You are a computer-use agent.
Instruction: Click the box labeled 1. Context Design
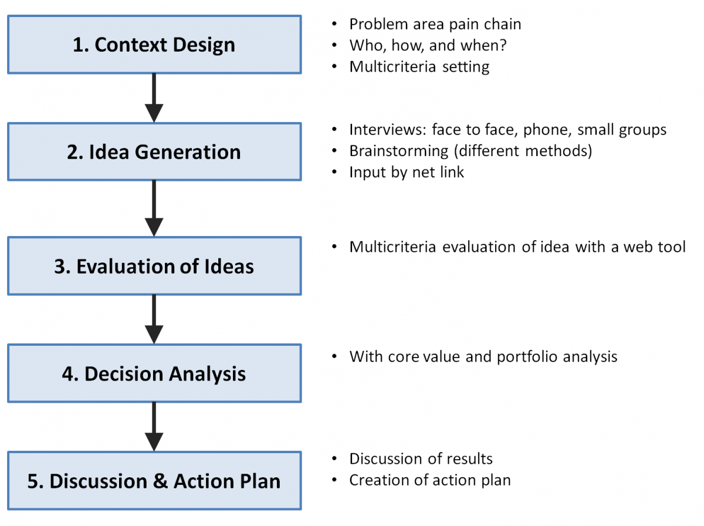click(154, 44)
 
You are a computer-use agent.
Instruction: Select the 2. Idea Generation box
click(154, 151)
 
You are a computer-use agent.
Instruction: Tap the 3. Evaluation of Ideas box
click(154, 266)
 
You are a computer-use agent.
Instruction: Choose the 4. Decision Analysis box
click(154, 373)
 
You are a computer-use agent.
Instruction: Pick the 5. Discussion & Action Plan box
click(154, 481)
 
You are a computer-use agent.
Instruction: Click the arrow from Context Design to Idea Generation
click(154, 98)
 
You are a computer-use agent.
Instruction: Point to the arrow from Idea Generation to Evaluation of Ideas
click(154, 208)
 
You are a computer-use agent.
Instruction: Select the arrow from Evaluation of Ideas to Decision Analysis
click(154, 319)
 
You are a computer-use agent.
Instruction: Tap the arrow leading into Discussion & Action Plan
click(154, 427)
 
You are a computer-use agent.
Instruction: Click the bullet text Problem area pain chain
click(435, 25)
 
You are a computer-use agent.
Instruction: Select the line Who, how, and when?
click(428, 45)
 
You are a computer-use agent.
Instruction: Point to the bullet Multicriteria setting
click(419, 67)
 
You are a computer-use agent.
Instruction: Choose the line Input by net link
click(407, 172)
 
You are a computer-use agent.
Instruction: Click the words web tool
click(654, 247)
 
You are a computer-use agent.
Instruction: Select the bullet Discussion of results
click(421, 459)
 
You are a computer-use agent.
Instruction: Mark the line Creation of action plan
click(430, 480)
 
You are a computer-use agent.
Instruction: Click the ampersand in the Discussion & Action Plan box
click(160, 481)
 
